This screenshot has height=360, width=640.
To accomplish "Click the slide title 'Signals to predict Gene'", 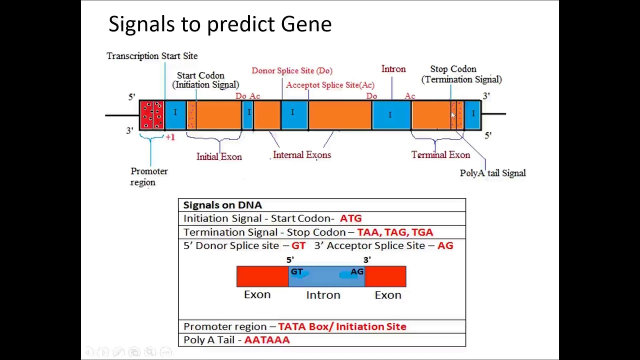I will tap(220, 24).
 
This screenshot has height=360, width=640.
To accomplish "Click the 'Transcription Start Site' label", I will tap(152, 56).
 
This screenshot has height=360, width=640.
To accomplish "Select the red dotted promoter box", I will tap(151, 115).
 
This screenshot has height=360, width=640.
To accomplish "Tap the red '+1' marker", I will tap(170, 137).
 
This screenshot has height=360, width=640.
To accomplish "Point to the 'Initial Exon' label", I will tap(219, 156).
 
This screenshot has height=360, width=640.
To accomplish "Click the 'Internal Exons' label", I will tap(302, 155).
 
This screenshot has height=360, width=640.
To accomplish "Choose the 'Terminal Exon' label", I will tap(440, 155).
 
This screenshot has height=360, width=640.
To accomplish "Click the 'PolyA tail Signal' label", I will tap(492, 173).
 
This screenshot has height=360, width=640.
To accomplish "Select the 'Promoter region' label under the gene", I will tap(149, 176).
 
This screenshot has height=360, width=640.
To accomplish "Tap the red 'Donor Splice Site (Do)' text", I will tap(292, 70).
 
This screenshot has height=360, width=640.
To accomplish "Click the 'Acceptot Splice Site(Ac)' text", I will tap(330, 85).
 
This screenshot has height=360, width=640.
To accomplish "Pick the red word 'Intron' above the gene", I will tap(393, 69).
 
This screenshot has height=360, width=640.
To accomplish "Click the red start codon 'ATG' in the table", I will tap(350, 218).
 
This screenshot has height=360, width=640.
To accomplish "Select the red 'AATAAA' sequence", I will tap(267, 340).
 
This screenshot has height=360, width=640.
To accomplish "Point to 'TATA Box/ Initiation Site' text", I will tap(342, 326).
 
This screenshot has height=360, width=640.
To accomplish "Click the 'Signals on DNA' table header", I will tap(222, 205).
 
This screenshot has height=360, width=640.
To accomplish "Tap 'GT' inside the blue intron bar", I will tap(297, 271).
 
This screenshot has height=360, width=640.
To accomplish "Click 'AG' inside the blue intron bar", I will tap(356, 271).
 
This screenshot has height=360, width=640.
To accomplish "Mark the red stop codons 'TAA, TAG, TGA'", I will tap(395, 232).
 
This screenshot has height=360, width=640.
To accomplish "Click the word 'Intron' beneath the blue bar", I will tap(323, 295).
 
